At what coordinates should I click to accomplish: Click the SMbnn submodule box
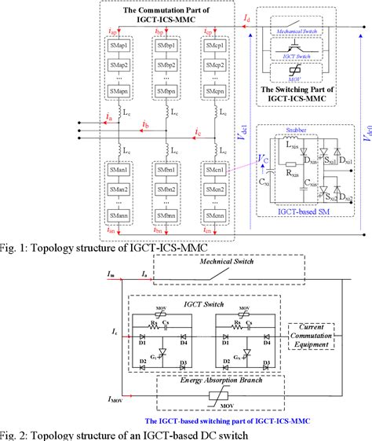tap(167, 215)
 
